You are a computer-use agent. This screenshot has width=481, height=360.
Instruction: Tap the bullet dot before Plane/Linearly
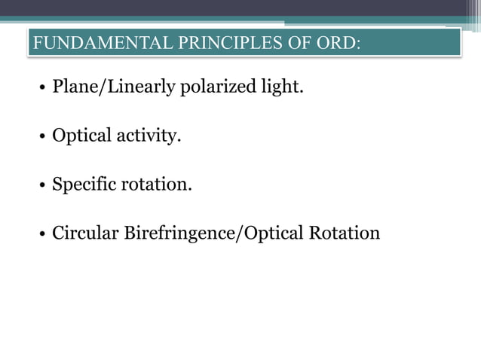[x=42, y=89]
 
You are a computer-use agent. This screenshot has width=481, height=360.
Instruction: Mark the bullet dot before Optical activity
[x=42, y=138]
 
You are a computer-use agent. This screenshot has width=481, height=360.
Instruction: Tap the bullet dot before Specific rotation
[x=42, y=186]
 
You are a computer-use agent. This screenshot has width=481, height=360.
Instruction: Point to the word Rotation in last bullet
[x=345, y=233]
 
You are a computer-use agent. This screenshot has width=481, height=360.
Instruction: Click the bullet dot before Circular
[x=42, y=234]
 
